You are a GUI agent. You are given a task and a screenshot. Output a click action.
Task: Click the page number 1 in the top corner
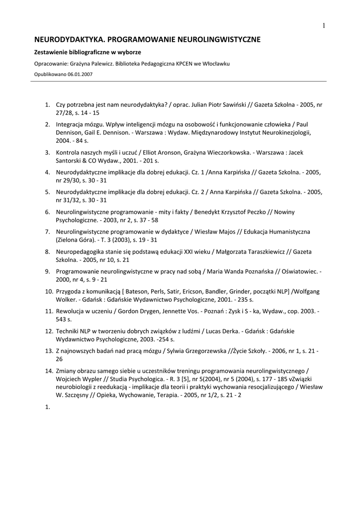[324, 26]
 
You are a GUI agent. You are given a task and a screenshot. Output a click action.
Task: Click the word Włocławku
[215, 64]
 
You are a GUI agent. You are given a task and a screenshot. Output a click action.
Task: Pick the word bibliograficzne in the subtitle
[88, 52]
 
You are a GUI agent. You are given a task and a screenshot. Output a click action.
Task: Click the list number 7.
[48, 232]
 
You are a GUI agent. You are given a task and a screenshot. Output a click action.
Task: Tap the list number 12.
[49, 331]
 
